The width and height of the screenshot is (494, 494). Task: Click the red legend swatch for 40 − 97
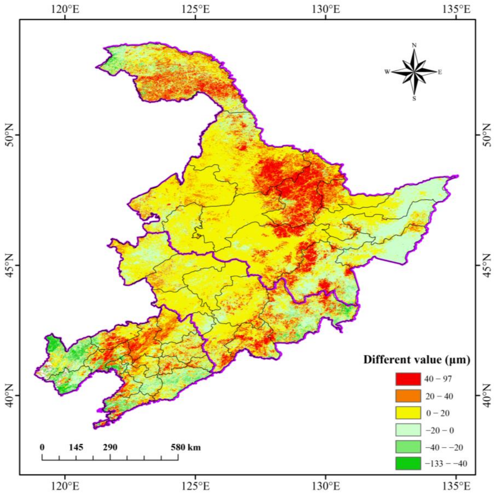coord(408,386)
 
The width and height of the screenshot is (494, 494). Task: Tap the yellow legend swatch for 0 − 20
coord(408,420)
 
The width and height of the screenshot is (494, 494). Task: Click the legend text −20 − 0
coord(440,437)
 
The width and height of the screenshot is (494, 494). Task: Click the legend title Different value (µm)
coord(417,360)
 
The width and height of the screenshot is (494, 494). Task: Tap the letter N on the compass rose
coord(414,45)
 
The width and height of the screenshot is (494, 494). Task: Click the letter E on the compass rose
coord(440,72)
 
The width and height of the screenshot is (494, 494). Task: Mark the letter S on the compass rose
coord(414,99)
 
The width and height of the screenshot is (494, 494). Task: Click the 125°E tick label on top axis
coord(196,10)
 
